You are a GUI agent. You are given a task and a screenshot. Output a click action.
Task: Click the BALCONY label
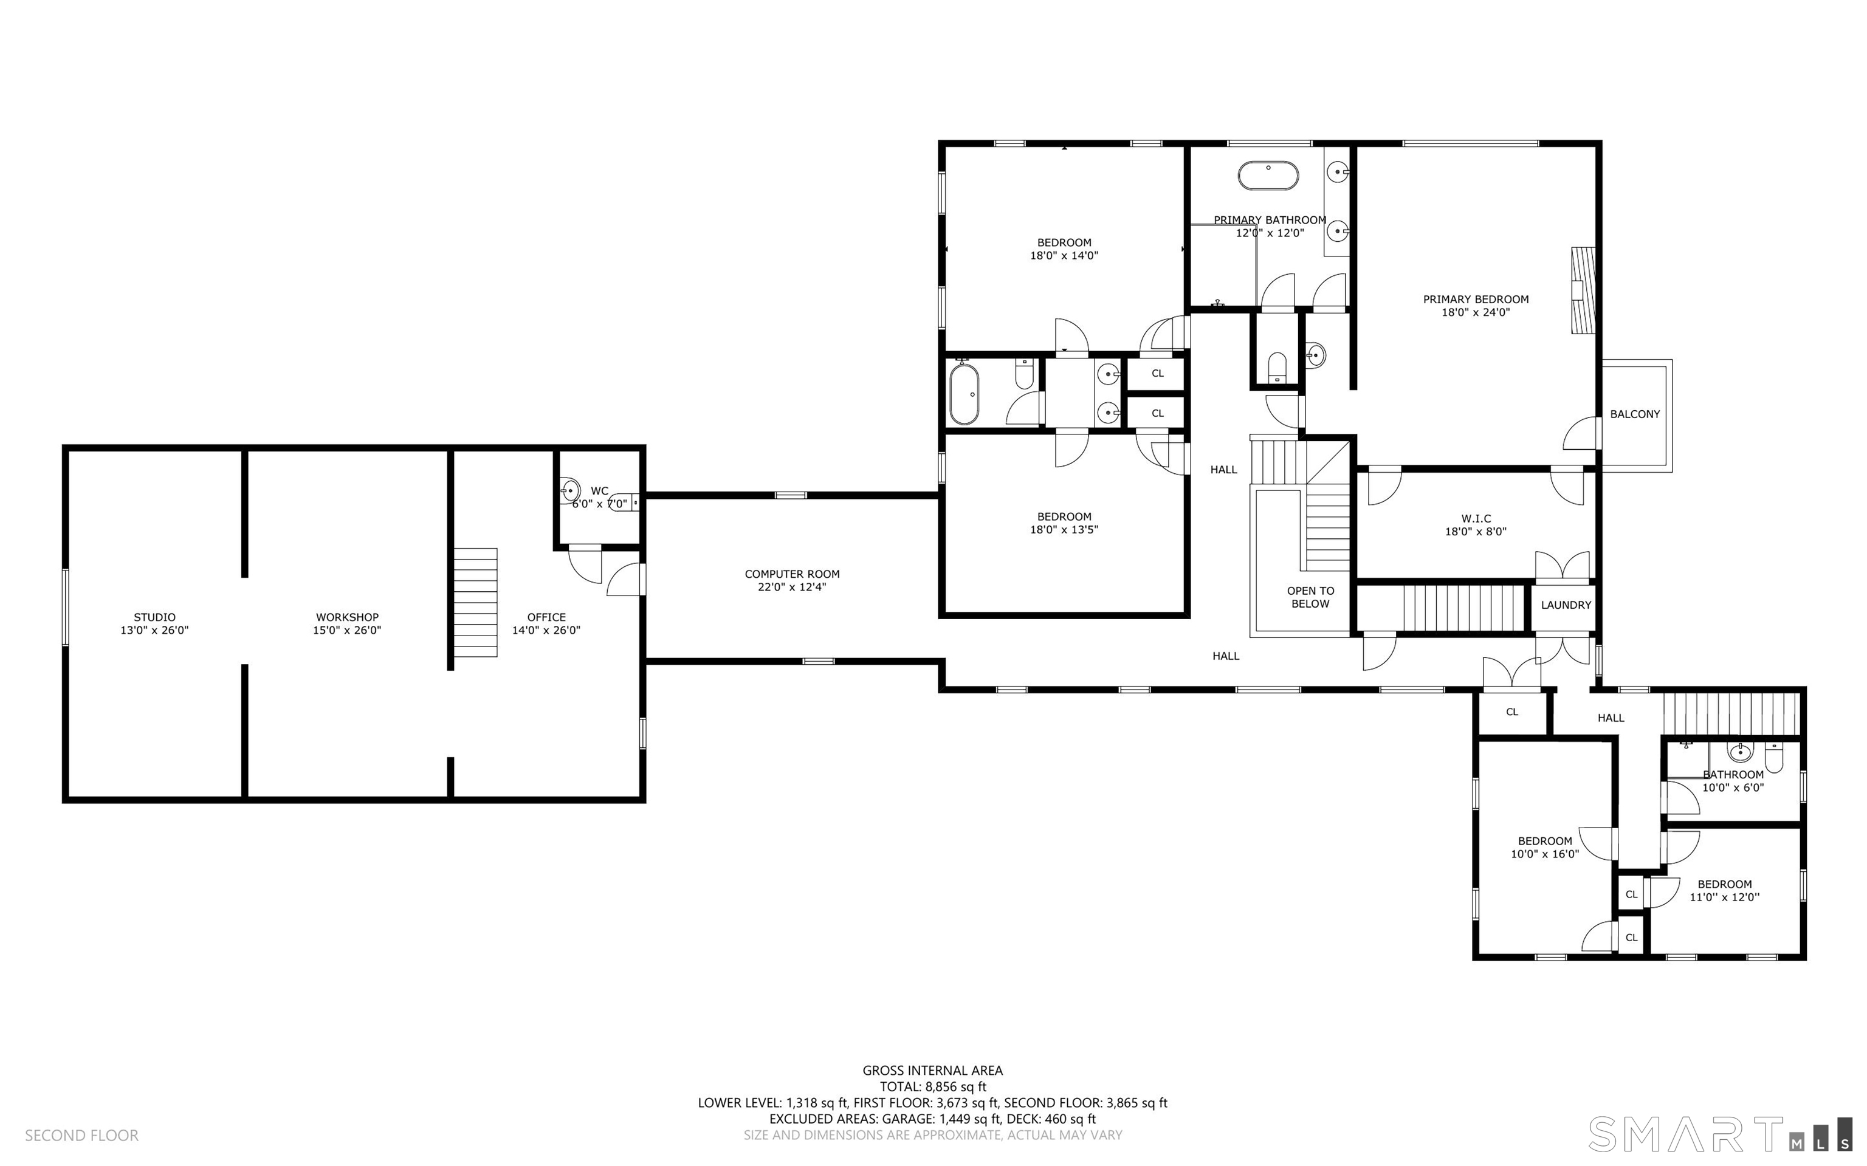(x=1634, y=414)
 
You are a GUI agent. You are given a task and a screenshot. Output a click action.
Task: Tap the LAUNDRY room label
(x=1566, y=605)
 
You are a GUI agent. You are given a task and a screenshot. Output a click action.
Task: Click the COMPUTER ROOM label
(x=792, y=574)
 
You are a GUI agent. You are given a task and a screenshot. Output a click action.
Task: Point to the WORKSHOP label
(x=347, y=617)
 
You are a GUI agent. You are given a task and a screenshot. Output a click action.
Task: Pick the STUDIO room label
(x=154, y=617)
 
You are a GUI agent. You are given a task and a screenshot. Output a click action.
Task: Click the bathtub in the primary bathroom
(x=1268, y=176)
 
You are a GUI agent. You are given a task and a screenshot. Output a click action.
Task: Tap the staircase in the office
(x=475, y=602)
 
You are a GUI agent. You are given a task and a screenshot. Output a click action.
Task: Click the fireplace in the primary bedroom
(x=1583, y=290)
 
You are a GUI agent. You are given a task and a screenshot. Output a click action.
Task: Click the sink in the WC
(x=570, y=490)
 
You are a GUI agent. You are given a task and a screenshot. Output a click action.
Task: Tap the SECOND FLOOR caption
(x=82, y=1135)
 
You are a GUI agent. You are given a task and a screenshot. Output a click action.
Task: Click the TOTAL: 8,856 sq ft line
(x=932, y=1086)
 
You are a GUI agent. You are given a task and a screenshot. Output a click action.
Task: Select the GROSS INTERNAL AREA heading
(x=932, y=1071)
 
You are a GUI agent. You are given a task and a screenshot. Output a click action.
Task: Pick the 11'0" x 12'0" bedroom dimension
(x=1724, y=897)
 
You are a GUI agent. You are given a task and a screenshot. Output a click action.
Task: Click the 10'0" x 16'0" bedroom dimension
(x=1545, y=854)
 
